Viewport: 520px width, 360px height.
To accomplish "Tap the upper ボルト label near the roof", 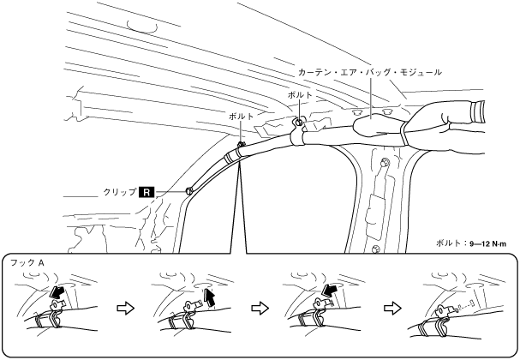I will click(x=300, y=95).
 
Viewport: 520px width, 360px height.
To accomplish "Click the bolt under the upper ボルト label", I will click(x=298, y=122).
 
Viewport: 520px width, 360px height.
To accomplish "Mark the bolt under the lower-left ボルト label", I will click(x=241, y=143).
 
